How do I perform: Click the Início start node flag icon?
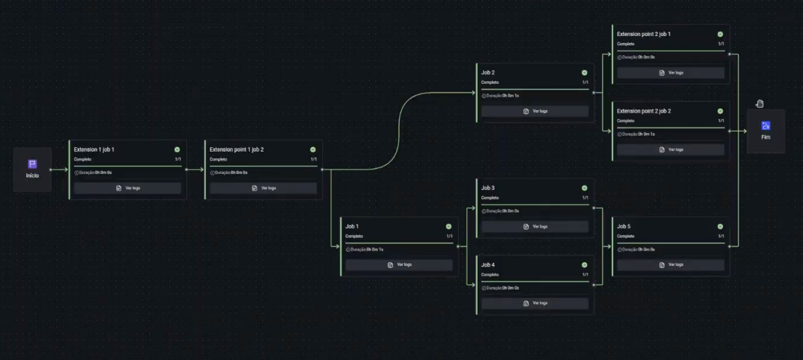coord(32,164)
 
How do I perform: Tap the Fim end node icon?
coord(766,126)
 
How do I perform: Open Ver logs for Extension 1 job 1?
coord(128,188)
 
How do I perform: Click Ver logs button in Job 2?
coord(535,111)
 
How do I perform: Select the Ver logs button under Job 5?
coord(671,265)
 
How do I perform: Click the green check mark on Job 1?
coord(449,227)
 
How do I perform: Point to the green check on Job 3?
coord(585,188)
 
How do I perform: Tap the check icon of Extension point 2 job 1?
coord(720,34)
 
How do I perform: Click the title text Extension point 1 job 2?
coord(236,150)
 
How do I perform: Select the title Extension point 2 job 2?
coord(644,111)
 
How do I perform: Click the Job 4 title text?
coord(488,265)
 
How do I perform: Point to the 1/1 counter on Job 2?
coord(585,83)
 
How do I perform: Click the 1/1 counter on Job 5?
coord(721,236)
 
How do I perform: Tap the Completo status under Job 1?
coord(354,236)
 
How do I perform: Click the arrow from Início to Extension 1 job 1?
coord(60,170)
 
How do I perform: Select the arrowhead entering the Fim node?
coord(744,131)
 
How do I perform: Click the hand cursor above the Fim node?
coord(760,104)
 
